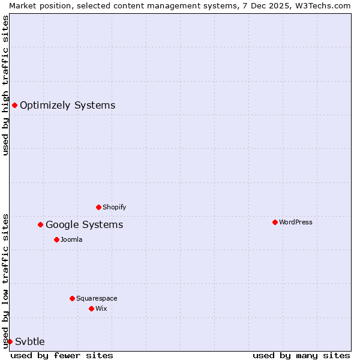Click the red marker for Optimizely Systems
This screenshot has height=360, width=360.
[x=14, y=106]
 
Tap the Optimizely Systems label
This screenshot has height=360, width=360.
[x=67, y=106]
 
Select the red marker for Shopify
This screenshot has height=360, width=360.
[x=98, y=208]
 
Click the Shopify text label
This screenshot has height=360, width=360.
[x=114, y=208]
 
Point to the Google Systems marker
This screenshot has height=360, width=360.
[x=40, y=225]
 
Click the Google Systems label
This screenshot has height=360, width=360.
[x=84, y=225]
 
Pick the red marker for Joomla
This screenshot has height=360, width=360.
[x=56, y=240]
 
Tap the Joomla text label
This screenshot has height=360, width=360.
[x=71, y=240]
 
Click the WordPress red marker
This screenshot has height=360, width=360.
[x=275, y=223]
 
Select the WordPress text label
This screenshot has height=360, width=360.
[x=295, y=223]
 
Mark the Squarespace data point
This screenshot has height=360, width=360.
[x=72, y=299]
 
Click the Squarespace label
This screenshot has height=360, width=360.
[x=97, y=299]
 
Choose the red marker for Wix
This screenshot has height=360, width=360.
[x=91, y=309]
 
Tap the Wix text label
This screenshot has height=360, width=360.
[x=101, y=309]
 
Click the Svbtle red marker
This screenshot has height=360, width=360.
[x=10, y=342]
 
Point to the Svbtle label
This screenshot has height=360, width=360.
[x=30, y=342]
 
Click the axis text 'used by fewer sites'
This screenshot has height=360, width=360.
[x=62, y=355]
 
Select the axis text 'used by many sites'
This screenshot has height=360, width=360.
[x=301, y=355]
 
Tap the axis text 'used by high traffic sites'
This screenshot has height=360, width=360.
[x=5, y=85]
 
